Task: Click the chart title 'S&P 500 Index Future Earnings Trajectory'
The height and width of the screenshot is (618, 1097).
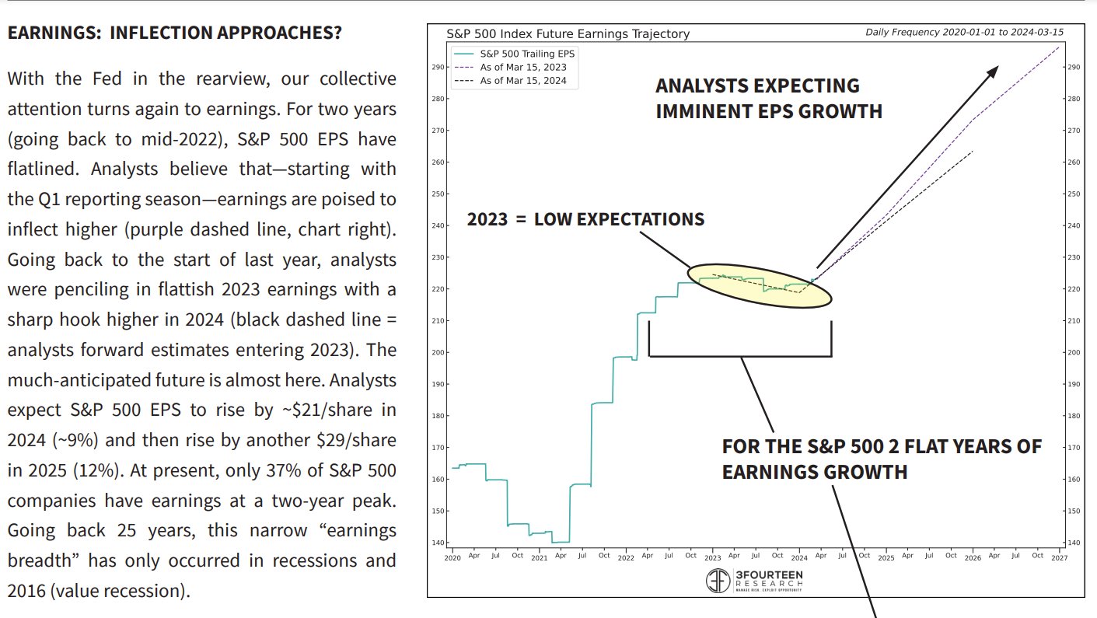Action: pyautogui.click(x=568, y=34)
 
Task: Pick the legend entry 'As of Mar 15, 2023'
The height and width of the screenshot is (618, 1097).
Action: pyautogui.click(x=523, y=67)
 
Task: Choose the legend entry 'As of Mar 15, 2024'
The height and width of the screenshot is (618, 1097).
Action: pyautogui.click(x=523, y=80)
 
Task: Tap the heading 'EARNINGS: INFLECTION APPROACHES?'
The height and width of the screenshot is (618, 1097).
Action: pyautogui.click(x=174, y=34)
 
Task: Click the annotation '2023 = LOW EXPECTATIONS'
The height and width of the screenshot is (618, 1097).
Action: pyautogui.click(x=585, y=219)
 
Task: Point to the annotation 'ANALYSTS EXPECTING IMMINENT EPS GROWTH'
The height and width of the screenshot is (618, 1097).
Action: pyautogui.click(x=768, y=98)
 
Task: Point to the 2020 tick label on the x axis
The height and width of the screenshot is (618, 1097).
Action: pyautogui.click(x=452, y=557)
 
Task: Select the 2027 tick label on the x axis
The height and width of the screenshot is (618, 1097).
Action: pyautogui.click(x=1059, y=557)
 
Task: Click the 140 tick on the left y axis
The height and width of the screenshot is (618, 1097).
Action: pyautogui.click(x=438, y=543)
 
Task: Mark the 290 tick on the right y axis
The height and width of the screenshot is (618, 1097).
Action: pyautogui.click(x=1073, y=68)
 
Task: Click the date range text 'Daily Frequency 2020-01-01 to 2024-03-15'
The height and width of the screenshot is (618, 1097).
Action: pyautogui.click(x=964, y=33)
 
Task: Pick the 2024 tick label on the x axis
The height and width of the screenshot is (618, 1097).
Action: pyautogui.click(x=799, y=557)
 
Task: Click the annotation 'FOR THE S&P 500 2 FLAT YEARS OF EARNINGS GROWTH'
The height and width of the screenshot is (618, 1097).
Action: pyautogui.click(x=881, y=459)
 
